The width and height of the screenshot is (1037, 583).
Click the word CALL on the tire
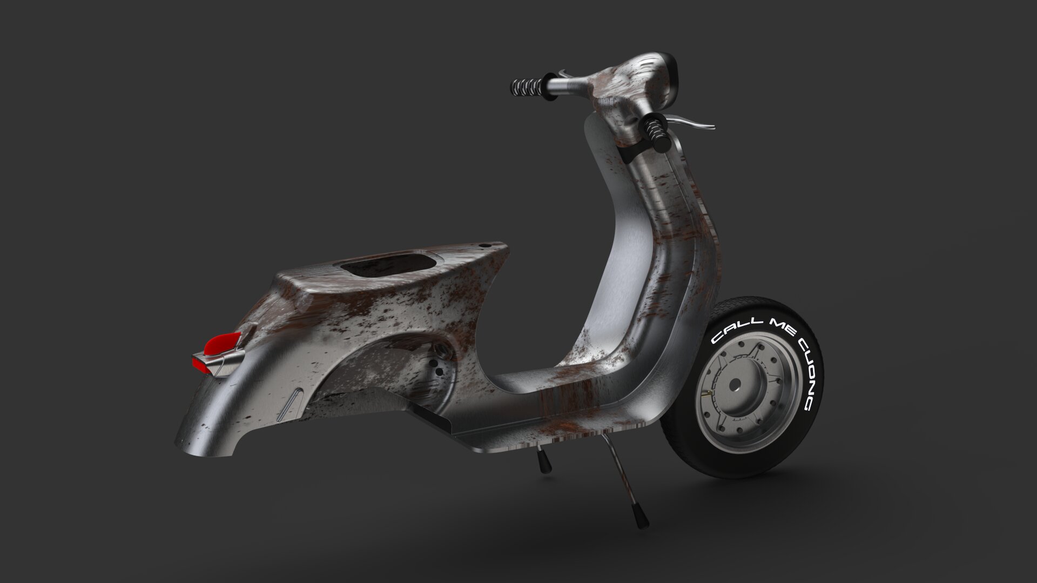point(730,331)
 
